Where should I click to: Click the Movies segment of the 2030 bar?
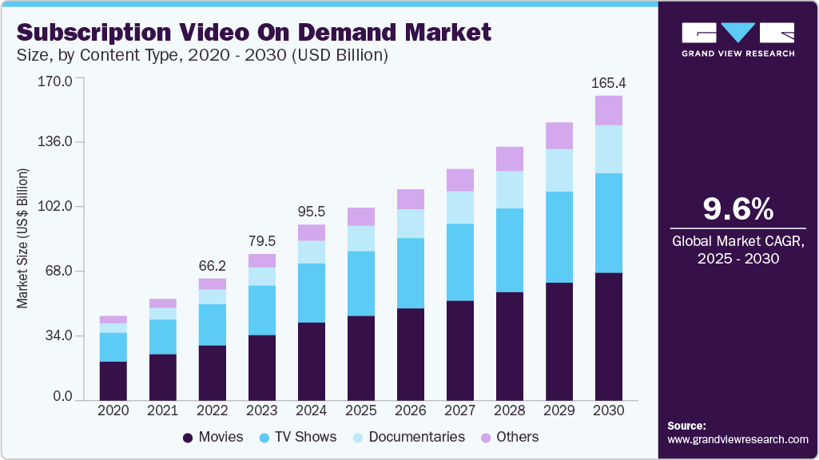tap(609, 335)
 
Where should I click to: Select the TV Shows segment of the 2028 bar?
tap(510, 250)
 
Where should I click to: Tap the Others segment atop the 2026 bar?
tap(411, 199)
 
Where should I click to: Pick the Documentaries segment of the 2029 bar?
tap(559, 170)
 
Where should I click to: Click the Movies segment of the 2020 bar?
tap(113, 380)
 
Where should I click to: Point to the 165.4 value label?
tap(608, 83)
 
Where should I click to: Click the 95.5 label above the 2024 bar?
tap(312, 212)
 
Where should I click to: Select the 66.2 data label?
tap(213, 266)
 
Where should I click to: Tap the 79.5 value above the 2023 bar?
tap(262, 241)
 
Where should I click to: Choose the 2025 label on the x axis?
tap(361, 410)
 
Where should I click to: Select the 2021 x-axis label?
tap(163, 410)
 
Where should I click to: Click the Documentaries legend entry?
tap(407, 437)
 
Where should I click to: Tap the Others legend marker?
tap(485, 438)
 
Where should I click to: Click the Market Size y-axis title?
tap(23, 239)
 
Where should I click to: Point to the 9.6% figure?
tap(737, 209)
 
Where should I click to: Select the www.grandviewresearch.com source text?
tap(737, 439)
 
